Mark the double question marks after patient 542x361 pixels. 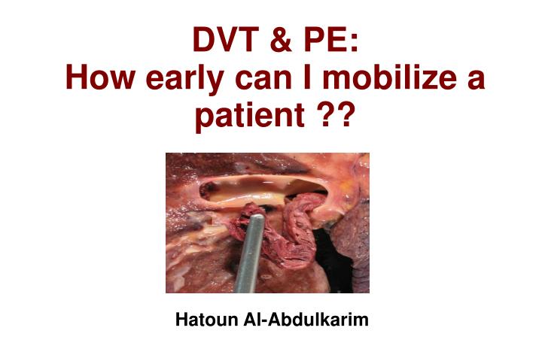pos(332,117)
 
